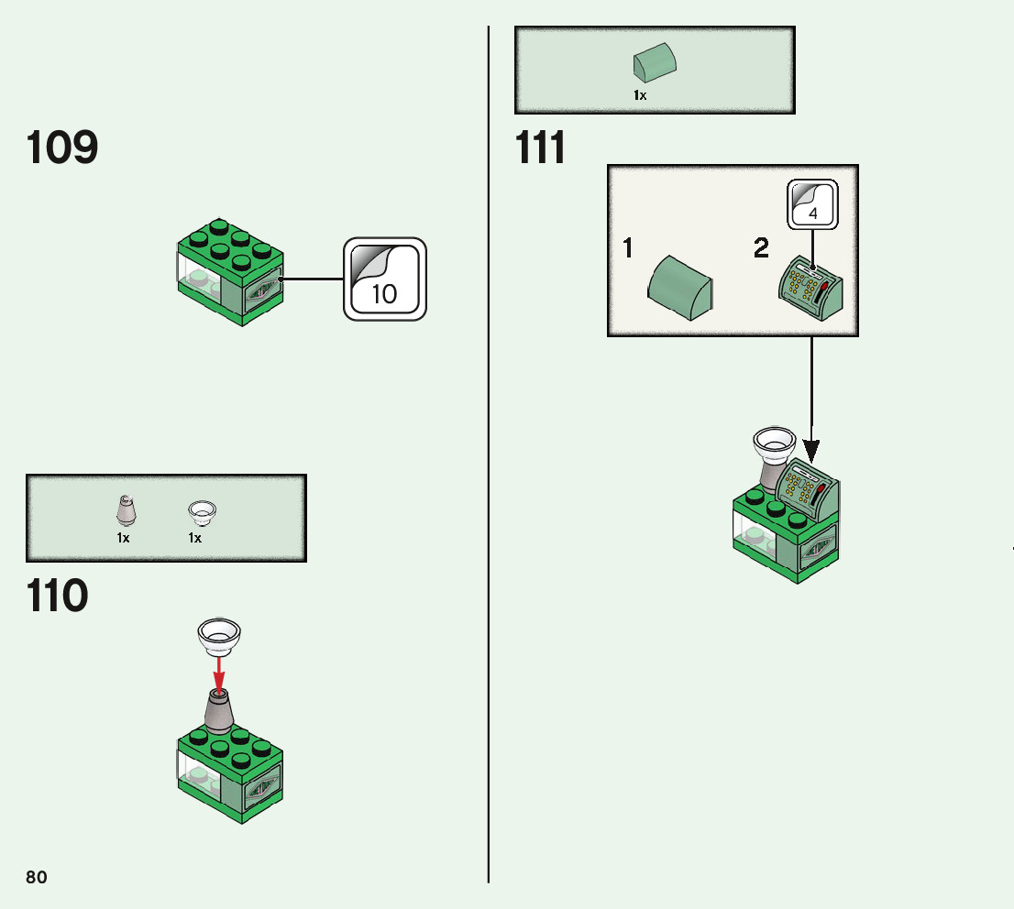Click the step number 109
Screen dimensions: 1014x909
coord(62,148)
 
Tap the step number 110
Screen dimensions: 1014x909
coord(57,596)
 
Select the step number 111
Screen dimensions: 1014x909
coord(541,148)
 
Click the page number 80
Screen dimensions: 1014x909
coord(37,877)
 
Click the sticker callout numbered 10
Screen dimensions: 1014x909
coord(385,279)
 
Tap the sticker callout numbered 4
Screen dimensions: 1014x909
coord(813,204)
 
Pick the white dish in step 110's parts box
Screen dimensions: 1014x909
coord(202,510)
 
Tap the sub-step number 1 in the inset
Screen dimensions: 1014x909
coord(628,247)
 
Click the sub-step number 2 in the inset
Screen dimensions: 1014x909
coord(761,247)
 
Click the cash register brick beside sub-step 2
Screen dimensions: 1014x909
coord(811,289)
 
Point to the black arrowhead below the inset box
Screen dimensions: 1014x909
coord(811,449)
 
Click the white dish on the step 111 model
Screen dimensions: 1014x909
coord(773,444)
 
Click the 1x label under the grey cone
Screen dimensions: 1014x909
coord(123,539)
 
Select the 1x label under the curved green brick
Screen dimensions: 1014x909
coord(640,94)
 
